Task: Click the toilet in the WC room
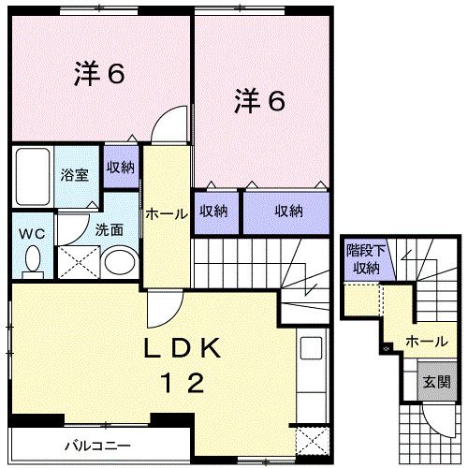(x=33, y=262)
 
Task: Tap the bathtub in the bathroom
(x=33, y=177)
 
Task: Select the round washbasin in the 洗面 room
(x=120, y=262)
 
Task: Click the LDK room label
(x=182, y=348)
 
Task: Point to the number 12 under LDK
(x=182, y=383)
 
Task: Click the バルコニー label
(x=97, y=446)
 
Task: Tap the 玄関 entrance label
(x=437, y=381)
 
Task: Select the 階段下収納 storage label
(x=366, y=259)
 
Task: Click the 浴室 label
(x=75, y=175)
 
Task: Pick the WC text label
(x=32, y=234)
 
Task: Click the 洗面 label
(x=109, y=230)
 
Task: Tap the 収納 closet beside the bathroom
(x=121, y=168)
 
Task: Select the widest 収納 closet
(x=286, y=212)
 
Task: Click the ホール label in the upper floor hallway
(x=167, y=214)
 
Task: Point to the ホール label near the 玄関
(x=427, y=342)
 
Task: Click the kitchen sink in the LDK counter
(x=311, y=348)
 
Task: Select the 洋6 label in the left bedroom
(x=99, y=74)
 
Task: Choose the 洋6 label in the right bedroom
(x=259, y=100)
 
